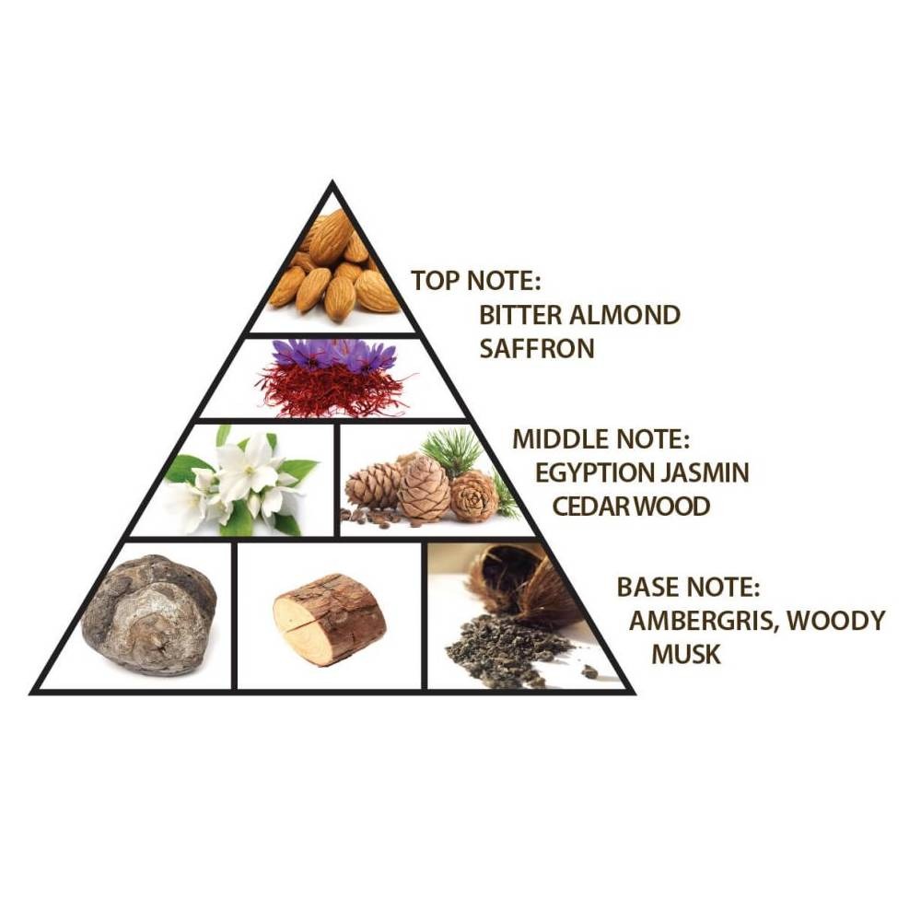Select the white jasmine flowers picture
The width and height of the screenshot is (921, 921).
click(240, 481)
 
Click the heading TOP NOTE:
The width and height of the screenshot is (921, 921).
click(475, 281)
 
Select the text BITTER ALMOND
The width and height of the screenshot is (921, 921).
click(579, 315)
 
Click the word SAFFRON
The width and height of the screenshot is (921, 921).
click(537, 349)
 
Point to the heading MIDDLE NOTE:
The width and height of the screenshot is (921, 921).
click(600, 439)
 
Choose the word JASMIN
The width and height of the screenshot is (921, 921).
click(705, 472)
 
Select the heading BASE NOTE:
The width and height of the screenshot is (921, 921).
click(688, 588)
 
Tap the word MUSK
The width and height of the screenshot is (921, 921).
click(686, 654)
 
